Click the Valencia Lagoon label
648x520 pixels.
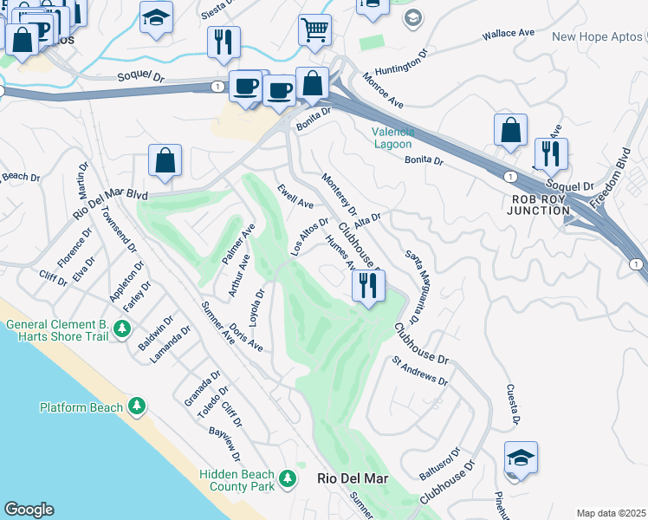392,138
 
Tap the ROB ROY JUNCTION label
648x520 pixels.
541,204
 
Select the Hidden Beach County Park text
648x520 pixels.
237,480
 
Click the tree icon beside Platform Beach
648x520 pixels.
136,406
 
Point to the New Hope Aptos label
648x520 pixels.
598,36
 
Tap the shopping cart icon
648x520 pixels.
314,29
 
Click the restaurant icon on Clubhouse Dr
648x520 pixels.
369,286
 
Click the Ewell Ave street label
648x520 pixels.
295,197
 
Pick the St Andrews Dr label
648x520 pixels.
419,370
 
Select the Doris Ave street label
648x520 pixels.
246,337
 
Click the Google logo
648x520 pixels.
28,510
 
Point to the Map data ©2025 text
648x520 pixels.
611,513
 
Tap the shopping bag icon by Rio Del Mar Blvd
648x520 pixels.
165,161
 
